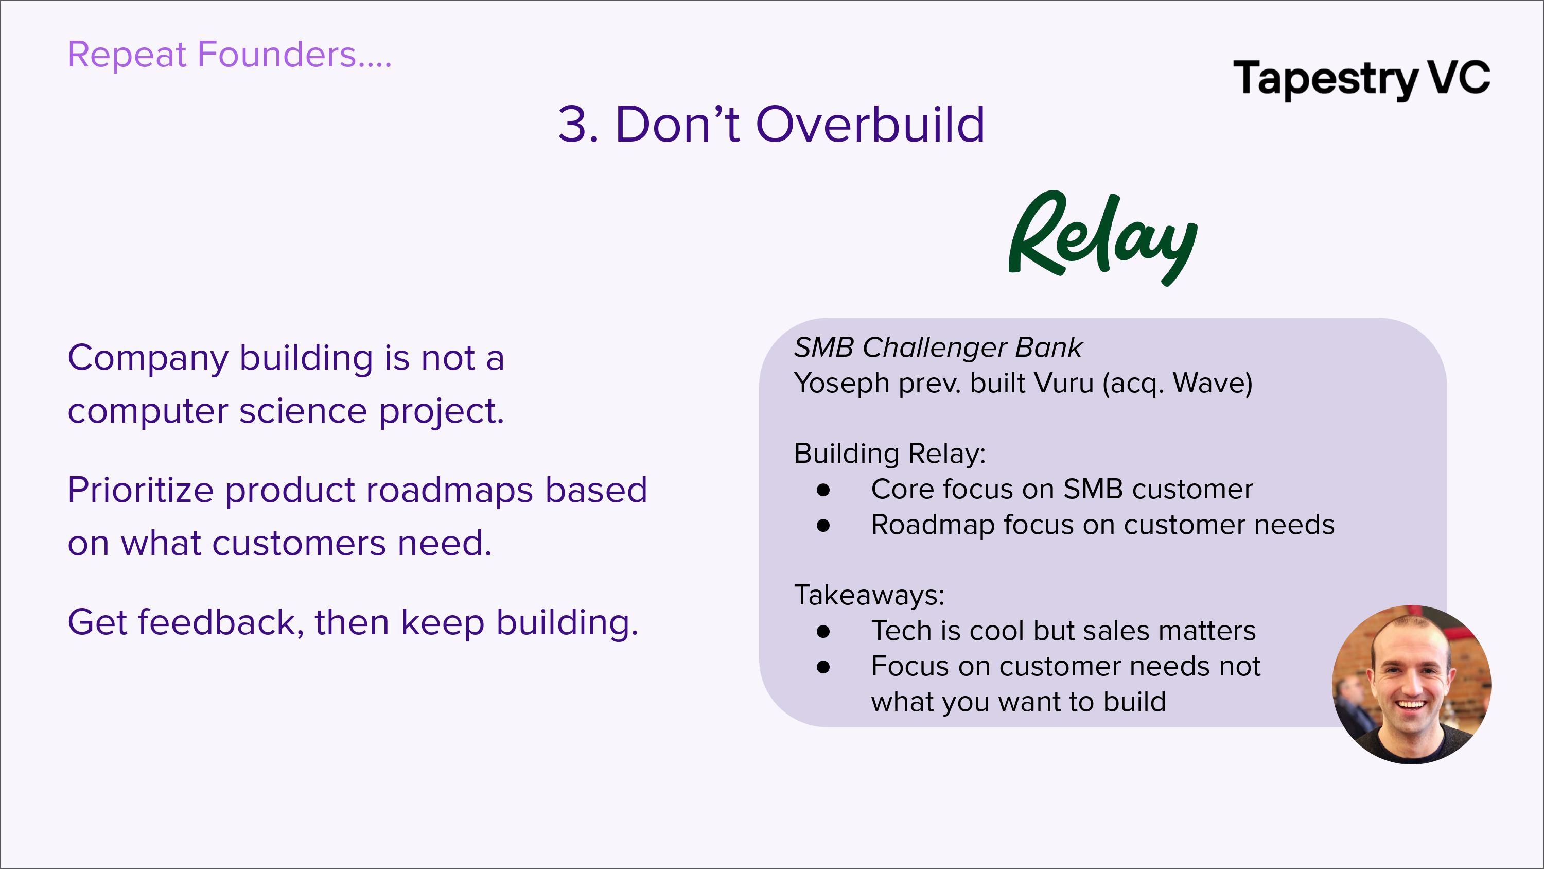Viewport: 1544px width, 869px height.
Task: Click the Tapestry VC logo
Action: (x=1361, y=79)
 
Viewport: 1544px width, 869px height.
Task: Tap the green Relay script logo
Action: (x=1103, y=237)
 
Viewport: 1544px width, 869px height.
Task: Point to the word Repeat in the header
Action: (x=127, y=55)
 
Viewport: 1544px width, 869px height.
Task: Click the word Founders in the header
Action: (x=276, y=54)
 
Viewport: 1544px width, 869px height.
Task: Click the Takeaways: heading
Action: (x=869, y=595)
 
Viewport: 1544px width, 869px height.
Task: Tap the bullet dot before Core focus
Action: (x=823, y=490)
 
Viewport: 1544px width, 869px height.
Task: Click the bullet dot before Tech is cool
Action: (x=823, y=632)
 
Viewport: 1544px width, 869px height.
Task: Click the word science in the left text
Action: (x=303, y=411)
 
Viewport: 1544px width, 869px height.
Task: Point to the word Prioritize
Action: (x=141, y=490)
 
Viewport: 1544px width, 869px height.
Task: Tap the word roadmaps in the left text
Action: (x=449, y=491)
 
